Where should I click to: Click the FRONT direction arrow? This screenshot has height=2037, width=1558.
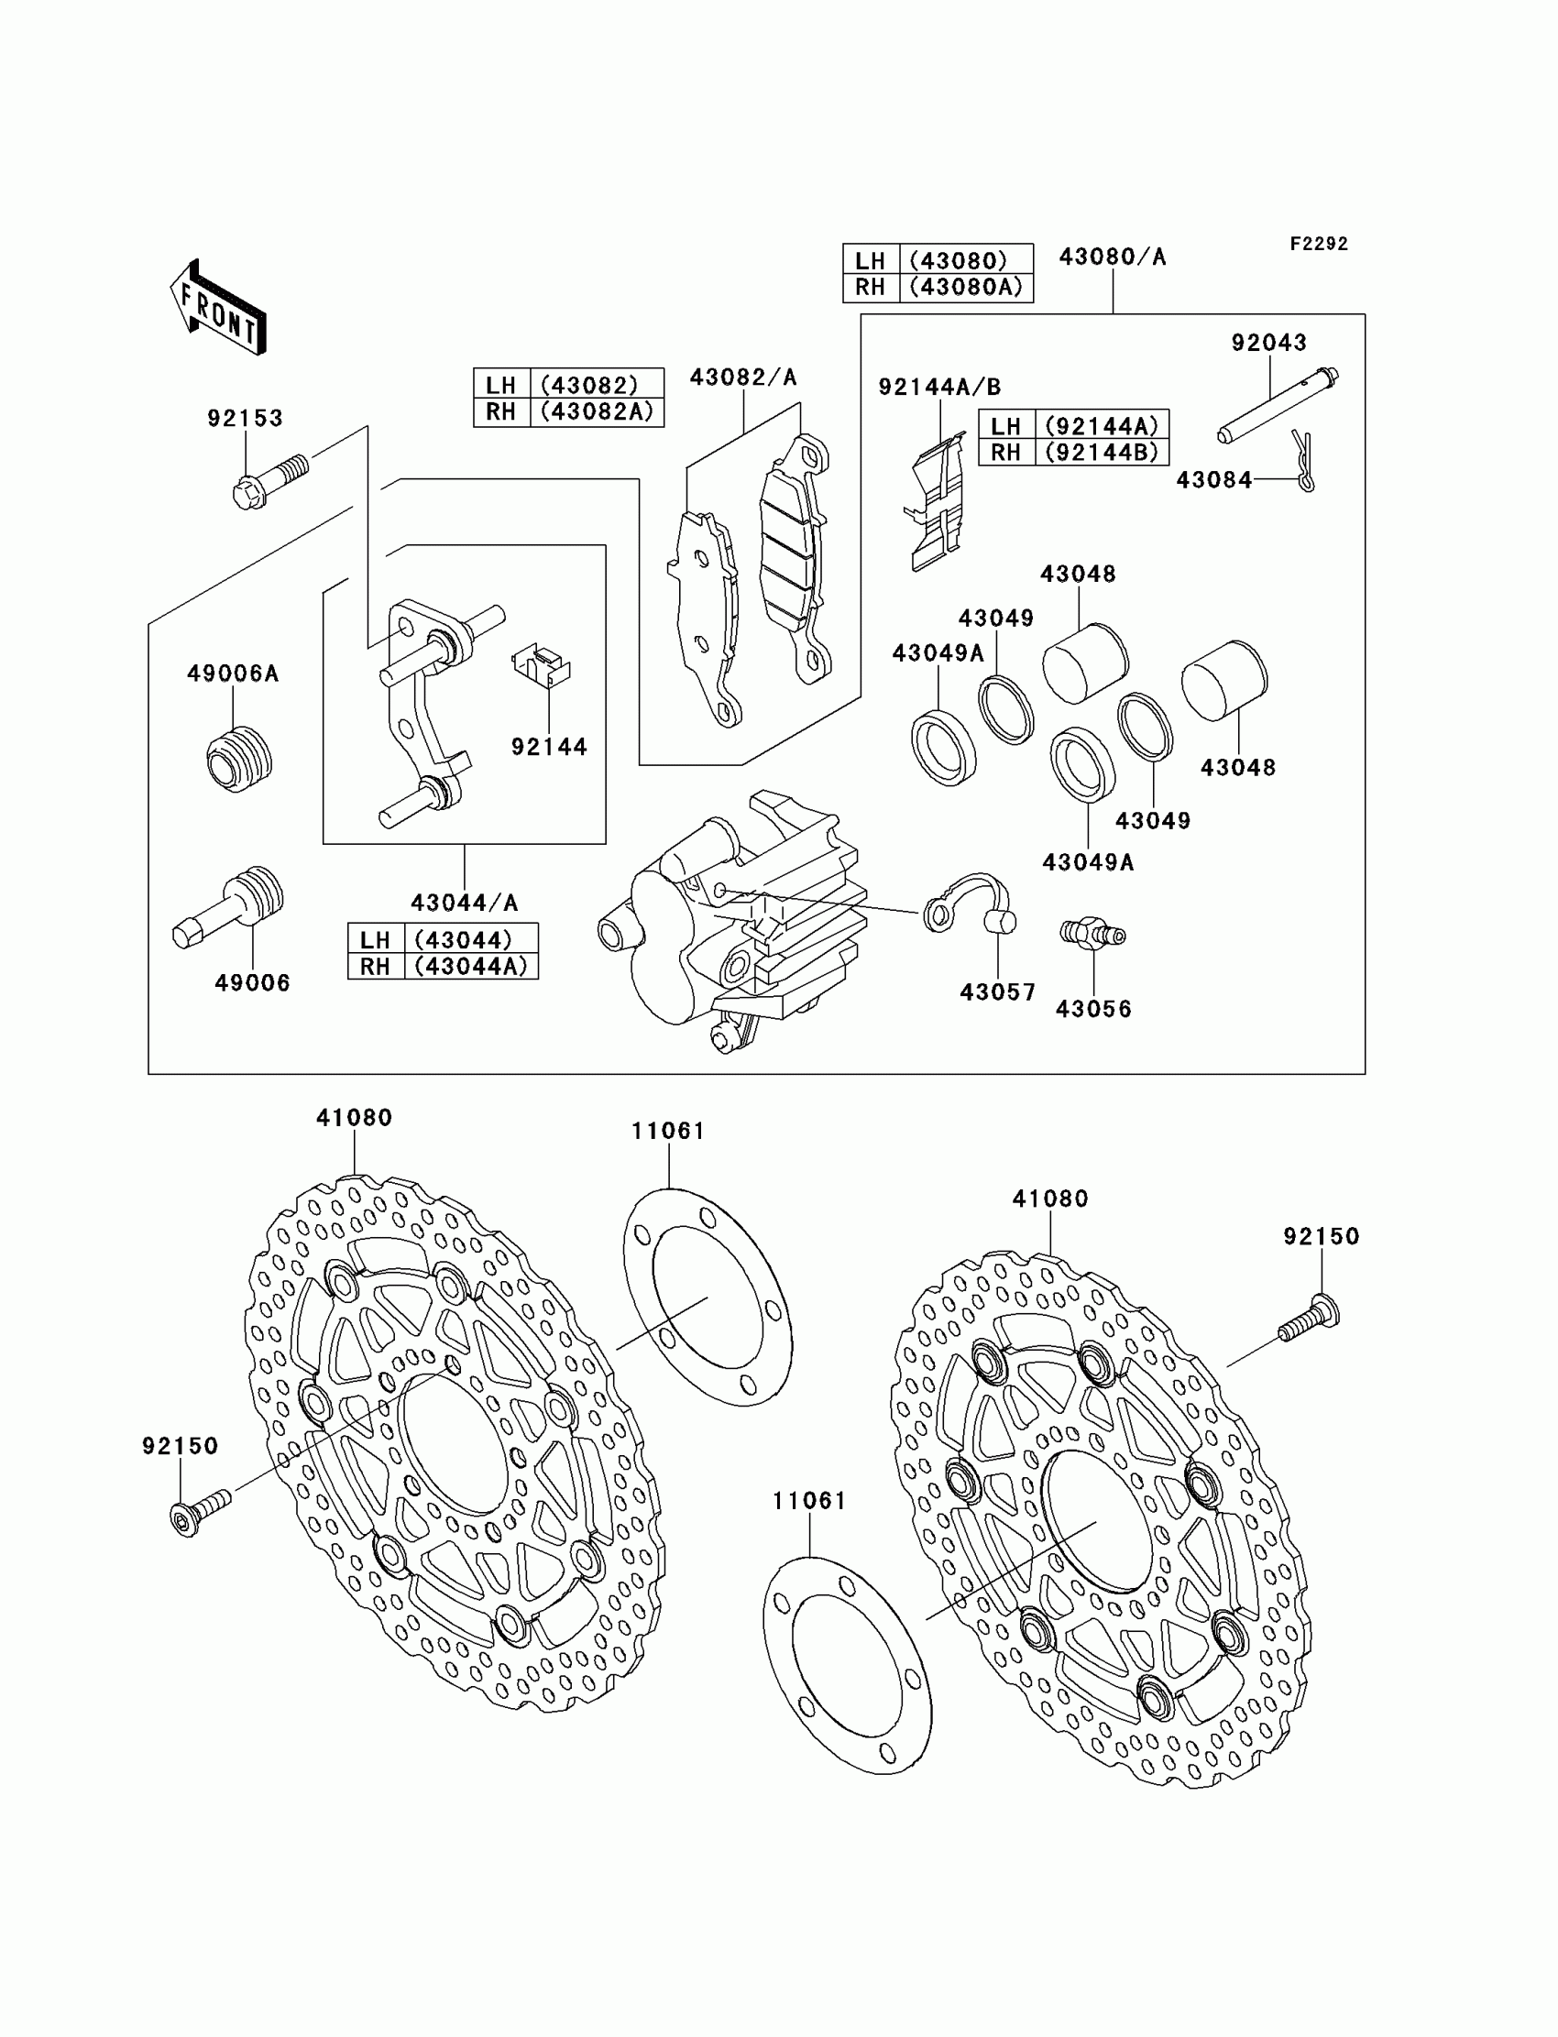click(219, 309)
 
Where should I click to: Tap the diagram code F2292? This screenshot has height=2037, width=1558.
click(1318, 244)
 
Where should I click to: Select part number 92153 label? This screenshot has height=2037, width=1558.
click(245, 418)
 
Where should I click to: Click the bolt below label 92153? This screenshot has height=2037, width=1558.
click(269, 480)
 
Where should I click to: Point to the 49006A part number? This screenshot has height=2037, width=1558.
click(233, 674)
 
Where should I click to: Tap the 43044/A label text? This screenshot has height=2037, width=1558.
click(464, 903)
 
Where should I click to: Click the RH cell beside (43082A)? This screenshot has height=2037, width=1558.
click(500, 411)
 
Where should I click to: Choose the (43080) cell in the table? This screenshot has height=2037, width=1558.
click(965, 260)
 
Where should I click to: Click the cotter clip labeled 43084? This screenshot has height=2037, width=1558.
click(1304, 461)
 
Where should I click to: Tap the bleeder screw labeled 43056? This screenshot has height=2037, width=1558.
click(1092, 933)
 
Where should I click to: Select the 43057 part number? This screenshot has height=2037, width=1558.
click(997, 992)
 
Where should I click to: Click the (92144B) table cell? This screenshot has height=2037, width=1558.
click(1101, 452)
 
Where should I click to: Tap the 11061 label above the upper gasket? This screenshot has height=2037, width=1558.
click(668, 1131)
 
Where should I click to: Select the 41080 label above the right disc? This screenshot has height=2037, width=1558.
click(1049, 1199)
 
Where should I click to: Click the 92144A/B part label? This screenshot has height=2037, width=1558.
click(939, 387)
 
